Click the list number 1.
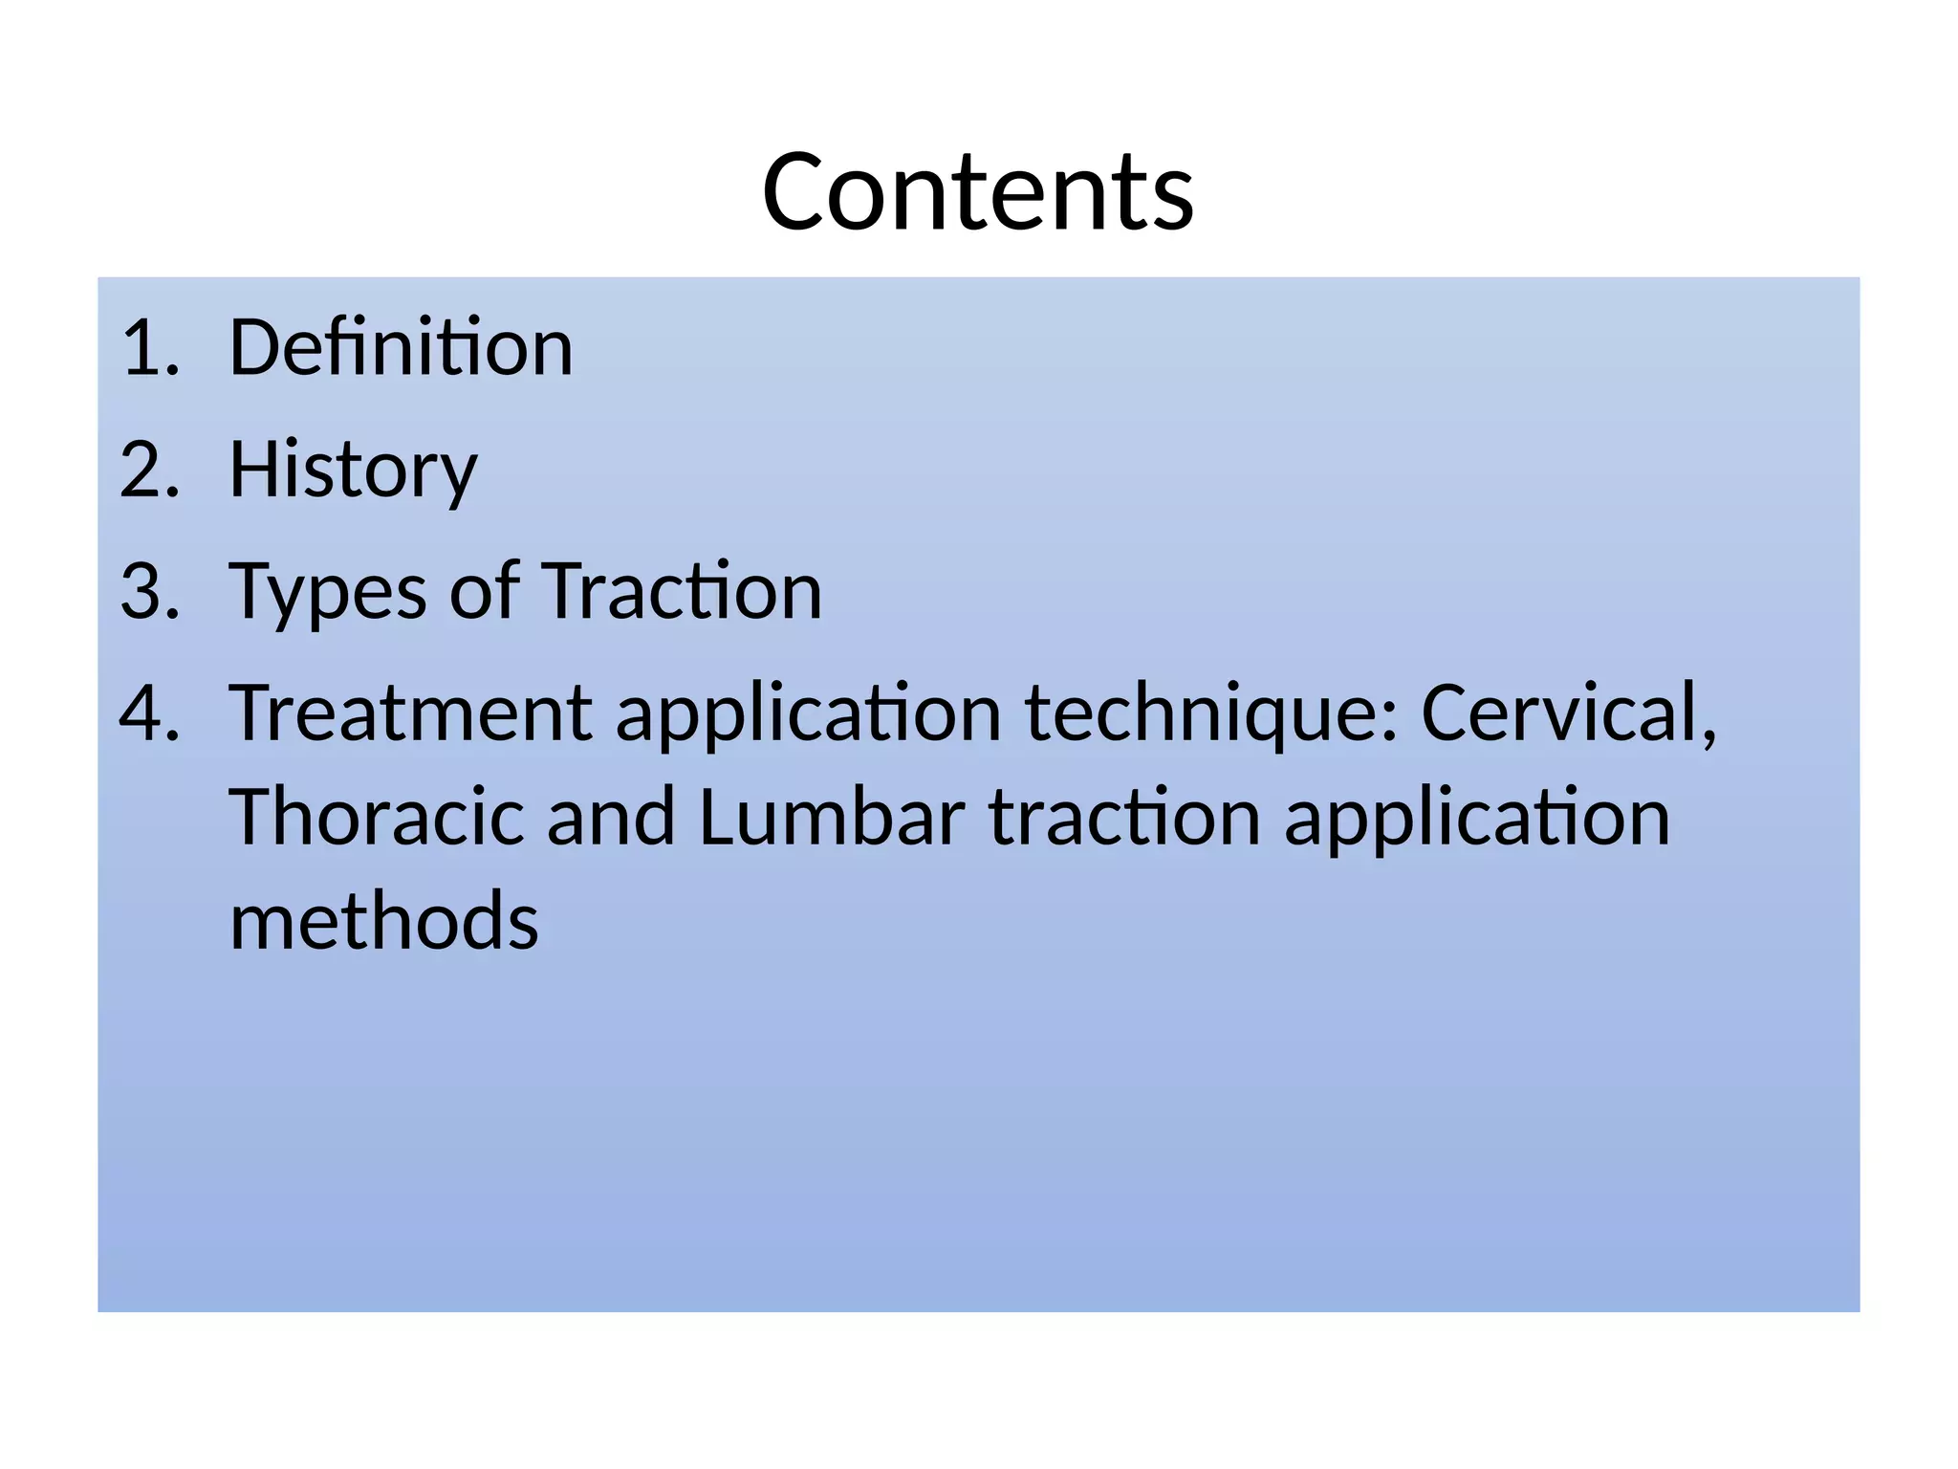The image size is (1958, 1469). click(149, 347)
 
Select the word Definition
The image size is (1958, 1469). click(401, 347)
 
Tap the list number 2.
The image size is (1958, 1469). click(149, 470)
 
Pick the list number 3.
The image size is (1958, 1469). click(149, 592)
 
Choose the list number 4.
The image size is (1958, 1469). click(149, 714)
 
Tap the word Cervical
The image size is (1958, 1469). click(1568, 714)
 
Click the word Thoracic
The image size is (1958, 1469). click(377, 818)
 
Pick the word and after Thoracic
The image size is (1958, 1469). click(611, 818)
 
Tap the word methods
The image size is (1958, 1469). click(384, 921)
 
